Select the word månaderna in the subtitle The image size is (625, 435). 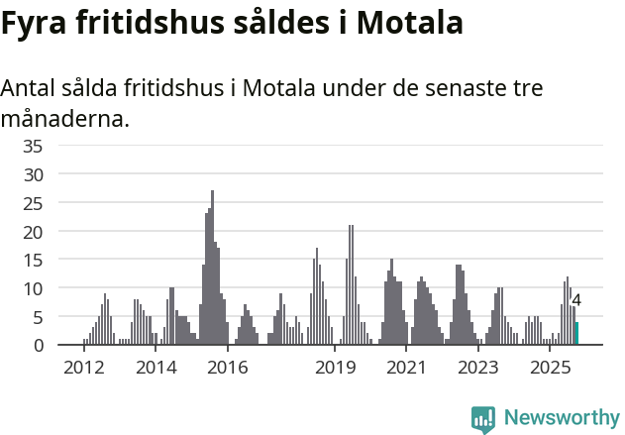tap(65, 120)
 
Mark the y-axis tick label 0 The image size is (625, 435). tap(38, 346)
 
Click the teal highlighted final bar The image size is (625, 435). tap(576, 334)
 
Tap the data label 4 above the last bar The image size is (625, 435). tap(576, 300)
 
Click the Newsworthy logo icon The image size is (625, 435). tap(483, 419)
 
